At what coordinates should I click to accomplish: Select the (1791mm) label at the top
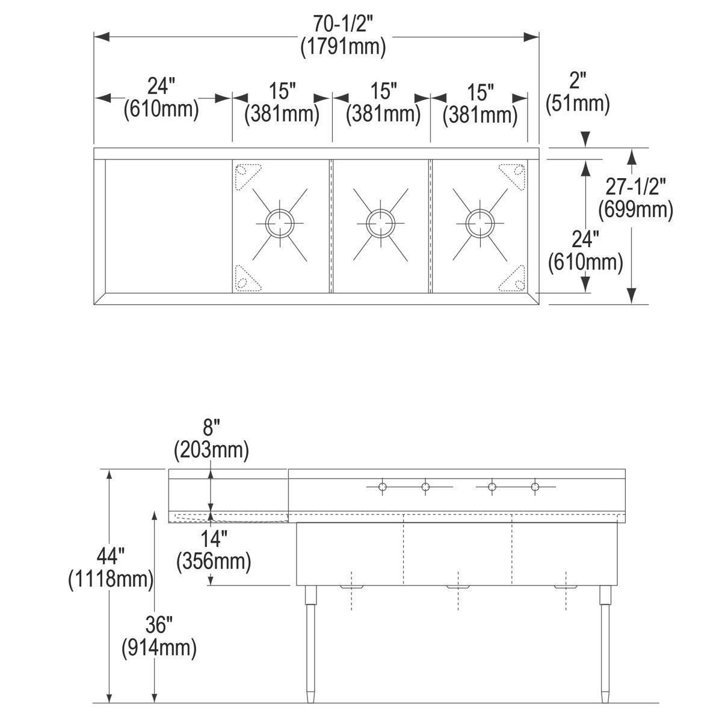[x=343, y=47]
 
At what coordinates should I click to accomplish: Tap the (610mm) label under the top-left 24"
[x=161, y=110]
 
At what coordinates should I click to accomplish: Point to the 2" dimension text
[x=578, y=81]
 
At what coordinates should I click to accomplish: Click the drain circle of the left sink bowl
[x=280, y=223]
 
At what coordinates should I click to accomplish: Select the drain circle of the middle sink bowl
[x=381, y=223]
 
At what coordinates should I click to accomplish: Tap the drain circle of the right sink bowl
[x=480, y=223]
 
